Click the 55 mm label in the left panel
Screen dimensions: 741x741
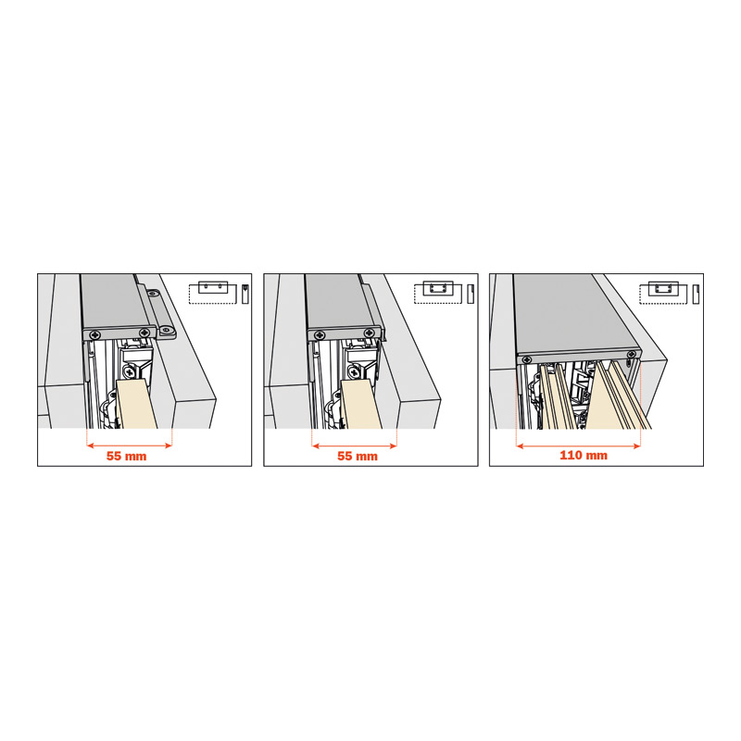point(126,456)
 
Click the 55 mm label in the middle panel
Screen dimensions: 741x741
point(358,456)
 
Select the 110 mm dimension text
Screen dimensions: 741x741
point(584,455)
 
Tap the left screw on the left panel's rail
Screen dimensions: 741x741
point(96,334)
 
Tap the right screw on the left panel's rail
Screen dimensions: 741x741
point(144,333)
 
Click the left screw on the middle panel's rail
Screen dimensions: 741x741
point(320,334)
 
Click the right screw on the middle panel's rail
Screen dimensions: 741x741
point(369,333)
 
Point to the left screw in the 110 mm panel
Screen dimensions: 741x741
point(525,360)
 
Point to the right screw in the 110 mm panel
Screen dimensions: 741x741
point(631,355)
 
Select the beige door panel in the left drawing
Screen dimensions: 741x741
point(136,404)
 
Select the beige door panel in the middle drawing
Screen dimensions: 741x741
point(361,404)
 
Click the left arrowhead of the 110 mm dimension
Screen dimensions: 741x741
point(520,446)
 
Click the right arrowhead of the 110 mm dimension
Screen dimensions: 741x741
point(637,446)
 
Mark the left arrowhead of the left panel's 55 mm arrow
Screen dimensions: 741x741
point(90,446)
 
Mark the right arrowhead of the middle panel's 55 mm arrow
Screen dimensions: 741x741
point(393,446)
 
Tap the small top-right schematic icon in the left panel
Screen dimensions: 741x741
point(219,293)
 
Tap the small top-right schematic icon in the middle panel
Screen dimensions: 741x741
point(445,293)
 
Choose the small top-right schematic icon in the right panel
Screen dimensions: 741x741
point(669,293)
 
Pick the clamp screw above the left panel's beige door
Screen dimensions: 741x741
point(130,373)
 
